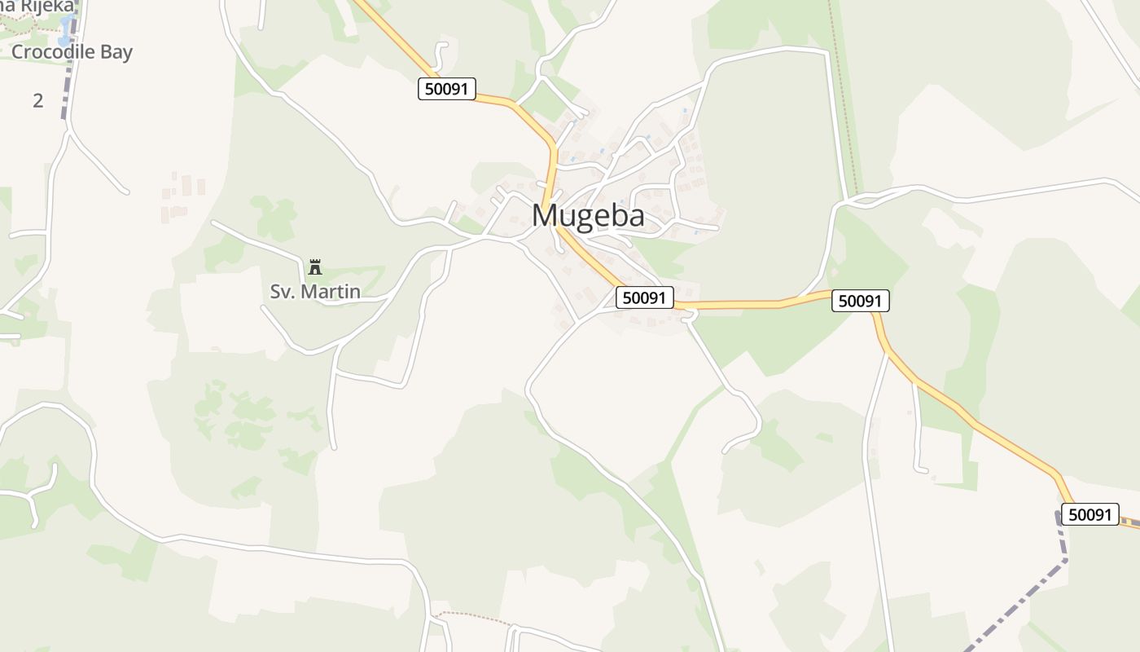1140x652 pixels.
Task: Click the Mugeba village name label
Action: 588,215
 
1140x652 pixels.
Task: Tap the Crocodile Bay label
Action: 72,52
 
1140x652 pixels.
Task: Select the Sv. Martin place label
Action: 315,291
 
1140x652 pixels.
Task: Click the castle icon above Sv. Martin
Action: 315,267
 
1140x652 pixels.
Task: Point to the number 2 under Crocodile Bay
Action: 37,101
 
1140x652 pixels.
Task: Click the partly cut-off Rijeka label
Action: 41,6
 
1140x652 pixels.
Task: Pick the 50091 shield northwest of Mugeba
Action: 447,89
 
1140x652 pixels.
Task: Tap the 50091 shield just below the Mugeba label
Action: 644,298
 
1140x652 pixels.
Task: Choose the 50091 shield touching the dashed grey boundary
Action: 1090,514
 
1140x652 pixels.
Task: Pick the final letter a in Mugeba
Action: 634,217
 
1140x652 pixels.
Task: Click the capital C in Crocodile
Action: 17,52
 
